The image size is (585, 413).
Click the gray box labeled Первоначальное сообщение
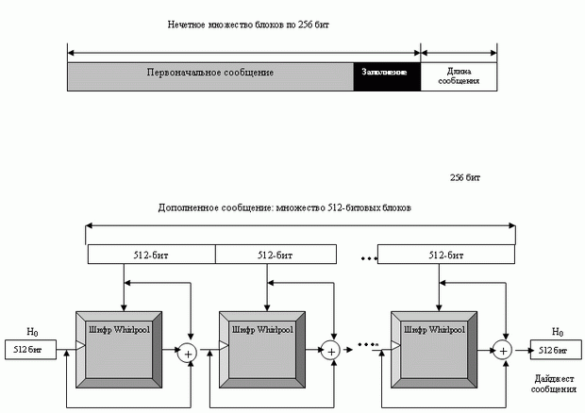pyautogui.click(x=210, y=74)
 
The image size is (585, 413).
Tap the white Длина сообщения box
pyautogui.click(x=459, y=75)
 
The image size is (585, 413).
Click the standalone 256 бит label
pyautogui.click(x=465, y=176)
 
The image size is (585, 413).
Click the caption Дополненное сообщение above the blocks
pyautogui.click(x=285, y=206)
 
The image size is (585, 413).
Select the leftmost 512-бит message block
pyautogui.click(x=151, y=255)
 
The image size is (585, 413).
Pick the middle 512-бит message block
pyautogui.click(x=276, y=255)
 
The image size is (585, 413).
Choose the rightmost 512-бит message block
pyautogui.click(x=446, y=255)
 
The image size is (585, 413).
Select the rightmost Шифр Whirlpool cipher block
pyautogui.click(x=438, y=330)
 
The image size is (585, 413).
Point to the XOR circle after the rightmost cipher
pyautogui.click(x=504, y=351)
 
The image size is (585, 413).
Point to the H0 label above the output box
pyautogui.click(x=558, y=333)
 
